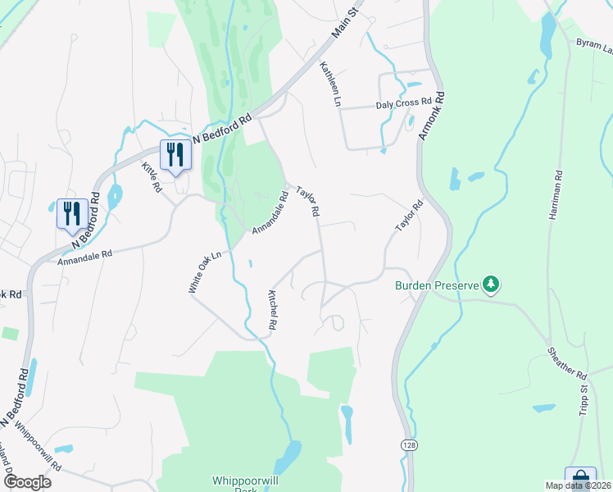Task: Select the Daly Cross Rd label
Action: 403,104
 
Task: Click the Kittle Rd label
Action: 152,176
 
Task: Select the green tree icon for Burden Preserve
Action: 491,285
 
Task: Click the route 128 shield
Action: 407,444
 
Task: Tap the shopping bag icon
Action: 580,478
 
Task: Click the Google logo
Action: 26,482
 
